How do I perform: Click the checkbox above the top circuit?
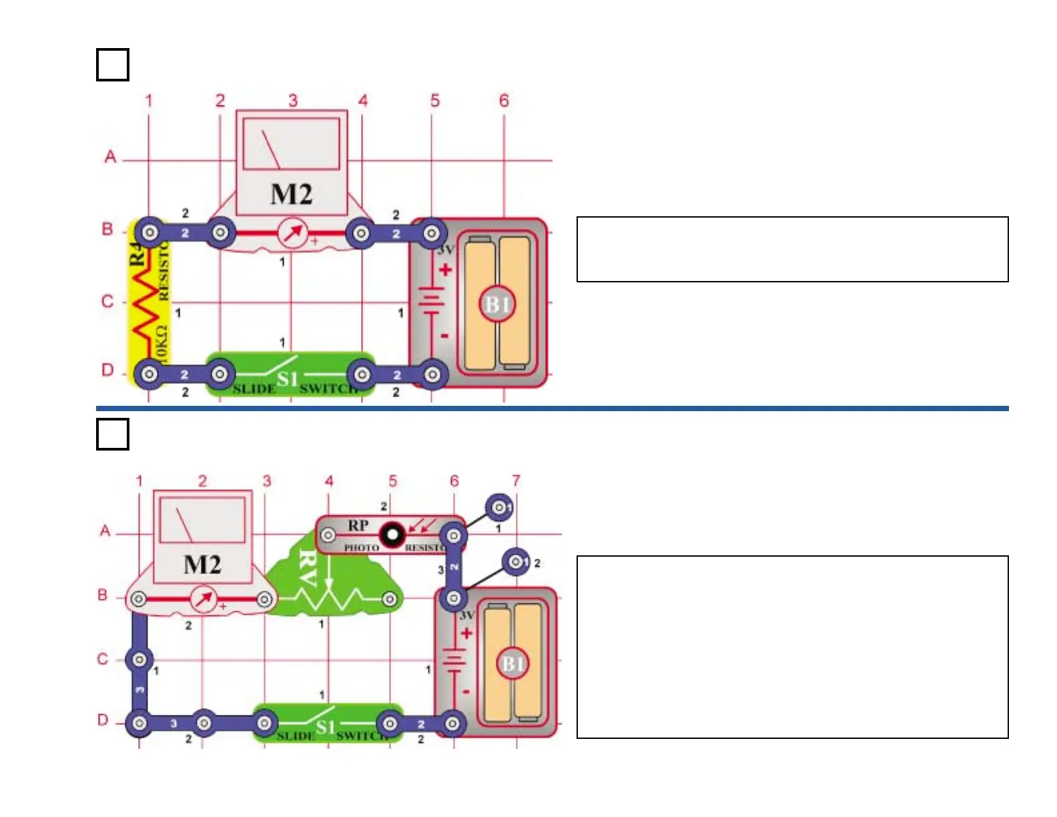[x=113, y=65]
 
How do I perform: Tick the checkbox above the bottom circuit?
[x=113, y=434]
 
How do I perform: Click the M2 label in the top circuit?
[x=291, y=194]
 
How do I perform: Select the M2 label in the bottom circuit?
[x=202, y=565]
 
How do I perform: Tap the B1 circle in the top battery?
[x=497, y=304]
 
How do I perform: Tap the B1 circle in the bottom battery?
[x=512, y=664]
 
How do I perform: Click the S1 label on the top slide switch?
[x=288, y=379]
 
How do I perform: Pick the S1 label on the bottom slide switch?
[x=325, y=727]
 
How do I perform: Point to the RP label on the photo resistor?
[x=358, y=525]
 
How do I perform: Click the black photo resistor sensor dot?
[x=392, y=534]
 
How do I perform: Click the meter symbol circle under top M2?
[x=292, y=234]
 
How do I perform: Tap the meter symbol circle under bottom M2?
[x=204, y=599]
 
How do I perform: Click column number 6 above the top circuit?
[x=504, y=101]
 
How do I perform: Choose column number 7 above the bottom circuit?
[x=516, y=481]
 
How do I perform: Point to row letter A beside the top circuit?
[x=110, y=157]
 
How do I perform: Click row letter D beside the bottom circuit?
[x=103, y=720]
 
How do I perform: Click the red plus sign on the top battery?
[x=445, y=270]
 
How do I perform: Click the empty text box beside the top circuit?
[x=792, y=249]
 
